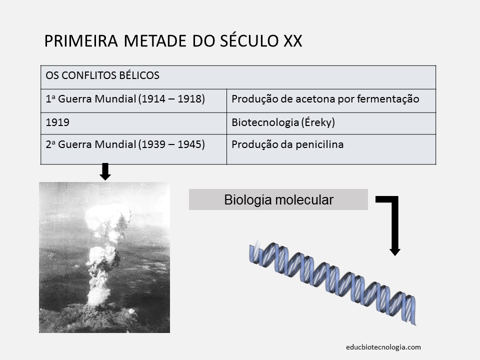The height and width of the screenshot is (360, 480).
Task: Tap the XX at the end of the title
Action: pos(292,40)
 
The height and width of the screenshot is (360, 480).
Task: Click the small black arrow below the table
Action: pos(105,172)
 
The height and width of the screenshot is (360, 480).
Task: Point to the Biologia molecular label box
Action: pos(278,200)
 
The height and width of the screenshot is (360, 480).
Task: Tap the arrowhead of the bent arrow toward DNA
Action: pos(395,249)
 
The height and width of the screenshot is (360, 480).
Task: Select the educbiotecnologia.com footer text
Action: pos(383,346)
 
